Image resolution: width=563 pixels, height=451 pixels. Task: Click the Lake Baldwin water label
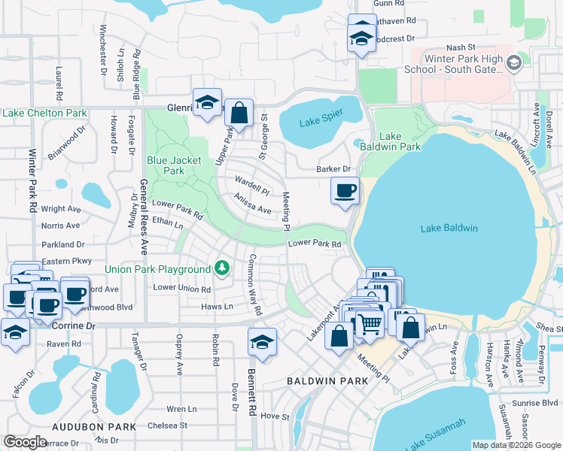[449, 229]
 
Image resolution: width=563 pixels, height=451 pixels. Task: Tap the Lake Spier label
[321, 122]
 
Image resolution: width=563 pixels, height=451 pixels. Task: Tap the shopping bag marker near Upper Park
[239, 114]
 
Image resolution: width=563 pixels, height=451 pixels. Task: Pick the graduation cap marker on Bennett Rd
[261, 341]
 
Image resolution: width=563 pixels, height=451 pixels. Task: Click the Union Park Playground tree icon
[221, 268]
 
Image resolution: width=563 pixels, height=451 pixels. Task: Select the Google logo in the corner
[26, 441]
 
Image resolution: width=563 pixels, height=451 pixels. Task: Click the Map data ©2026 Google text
[516, 444]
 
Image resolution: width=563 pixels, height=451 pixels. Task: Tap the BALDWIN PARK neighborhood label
[327, 381]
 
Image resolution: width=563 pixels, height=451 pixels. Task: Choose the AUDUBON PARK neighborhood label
[94, 426]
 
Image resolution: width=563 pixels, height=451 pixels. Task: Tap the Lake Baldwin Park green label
[400, 141]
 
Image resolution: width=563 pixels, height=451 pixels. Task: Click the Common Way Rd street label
[254, 285]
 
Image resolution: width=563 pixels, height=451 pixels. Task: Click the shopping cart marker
[369, 324]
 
